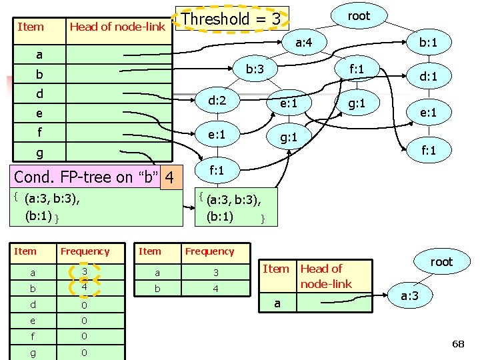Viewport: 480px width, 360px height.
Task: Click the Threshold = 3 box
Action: [x=231, y=19]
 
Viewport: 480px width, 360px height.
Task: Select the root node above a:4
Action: [x=359, y=16]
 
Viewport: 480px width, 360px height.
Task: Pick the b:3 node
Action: [x=255, y=69]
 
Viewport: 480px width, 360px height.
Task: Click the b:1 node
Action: [x=423, y=43]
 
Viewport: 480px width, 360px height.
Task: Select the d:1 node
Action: [x=423, y=77]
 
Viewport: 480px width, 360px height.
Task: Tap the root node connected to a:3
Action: [x=441, y=262]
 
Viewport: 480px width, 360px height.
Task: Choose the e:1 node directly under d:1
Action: [x=423, y=113]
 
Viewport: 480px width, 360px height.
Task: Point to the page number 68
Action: [x=458, y=344]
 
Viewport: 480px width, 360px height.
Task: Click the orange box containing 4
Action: [x=171, y=178]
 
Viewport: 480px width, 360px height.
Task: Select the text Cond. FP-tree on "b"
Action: [x=87, y=178]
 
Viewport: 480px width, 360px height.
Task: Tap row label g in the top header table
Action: [x=39, y=153]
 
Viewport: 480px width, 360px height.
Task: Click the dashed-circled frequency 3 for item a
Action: [x=85, y=273]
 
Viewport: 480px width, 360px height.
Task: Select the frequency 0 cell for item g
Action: [x=85, y=353]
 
